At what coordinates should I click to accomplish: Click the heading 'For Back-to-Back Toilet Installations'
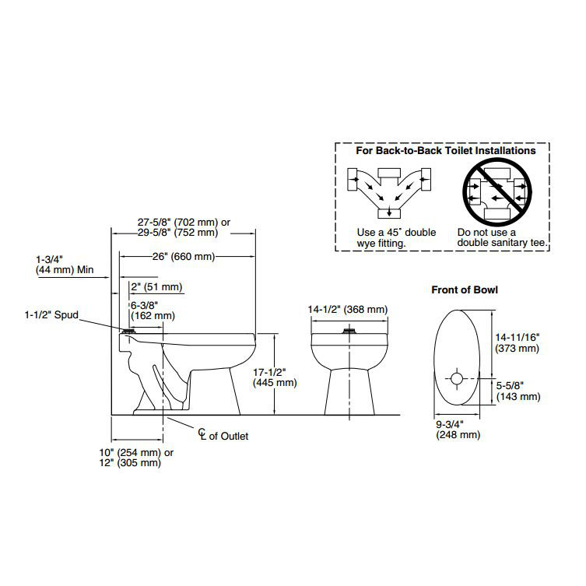[x=446, y=150]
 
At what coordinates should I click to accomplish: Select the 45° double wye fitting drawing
[x=387, y=191]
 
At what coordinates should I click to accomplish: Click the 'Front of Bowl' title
[x=465, y=290]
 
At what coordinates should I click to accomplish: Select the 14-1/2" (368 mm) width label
[x=347, y=310]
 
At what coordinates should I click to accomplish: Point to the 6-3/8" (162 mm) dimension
[x=153, y=310]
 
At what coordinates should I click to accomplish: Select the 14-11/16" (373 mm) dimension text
[x=517, y=343]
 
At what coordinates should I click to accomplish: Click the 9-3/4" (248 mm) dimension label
[x=458, y=429]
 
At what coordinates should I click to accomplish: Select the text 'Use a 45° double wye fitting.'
[x=396, y=237]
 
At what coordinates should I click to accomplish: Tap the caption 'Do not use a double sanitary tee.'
[x=503, y=237]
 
